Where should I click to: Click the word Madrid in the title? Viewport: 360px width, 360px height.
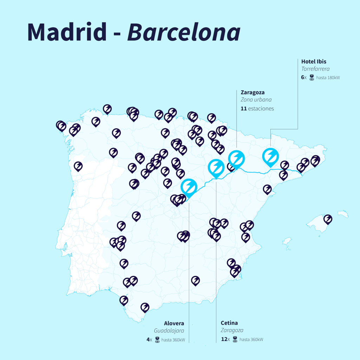click(66, 32)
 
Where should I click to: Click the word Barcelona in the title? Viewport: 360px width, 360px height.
click(184, 32)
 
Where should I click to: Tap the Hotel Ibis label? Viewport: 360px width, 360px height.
click(314, 62)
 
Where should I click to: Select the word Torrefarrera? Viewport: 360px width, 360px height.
click(315, 69)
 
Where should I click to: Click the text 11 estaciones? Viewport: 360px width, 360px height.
click(257, 109)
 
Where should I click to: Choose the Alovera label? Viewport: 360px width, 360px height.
click(174, 323)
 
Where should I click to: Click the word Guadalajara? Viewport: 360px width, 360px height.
click(169, 330)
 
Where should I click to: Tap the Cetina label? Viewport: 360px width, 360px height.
click(229, 323)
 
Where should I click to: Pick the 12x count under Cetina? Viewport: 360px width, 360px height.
click(225, 339)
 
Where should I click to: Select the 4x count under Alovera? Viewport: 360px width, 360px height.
click(149, 339)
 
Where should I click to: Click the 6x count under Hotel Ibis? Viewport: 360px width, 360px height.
click(304, 77)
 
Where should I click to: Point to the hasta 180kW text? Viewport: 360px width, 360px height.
click(328, 78)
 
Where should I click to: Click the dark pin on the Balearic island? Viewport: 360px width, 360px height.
click(328, 219)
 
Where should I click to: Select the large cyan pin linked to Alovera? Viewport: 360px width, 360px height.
click(189, 187)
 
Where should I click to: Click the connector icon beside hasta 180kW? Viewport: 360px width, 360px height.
click(311, 77)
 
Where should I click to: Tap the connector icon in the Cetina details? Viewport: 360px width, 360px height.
click(235, 339)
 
